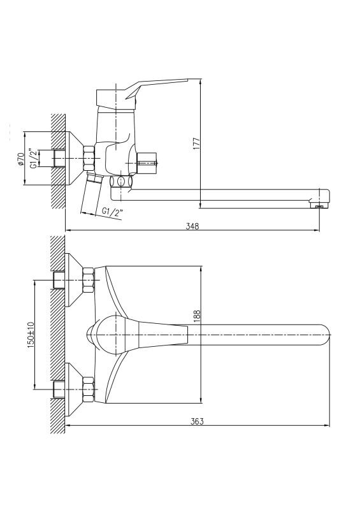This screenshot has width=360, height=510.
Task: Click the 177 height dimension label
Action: (197, 143)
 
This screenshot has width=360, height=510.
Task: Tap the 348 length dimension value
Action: (192, 226)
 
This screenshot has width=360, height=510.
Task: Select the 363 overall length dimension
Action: (197, 421)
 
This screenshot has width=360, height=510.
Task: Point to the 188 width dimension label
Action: (197, 316)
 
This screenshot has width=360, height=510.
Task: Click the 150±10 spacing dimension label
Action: (31, 335)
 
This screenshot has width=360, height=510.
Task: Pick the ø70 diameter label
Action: (20, 159)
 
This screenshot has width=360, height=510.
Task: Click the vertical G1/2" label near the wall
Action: (33, 158)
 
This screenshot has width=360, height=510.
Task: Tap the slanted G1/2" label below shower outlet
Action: (113, 212)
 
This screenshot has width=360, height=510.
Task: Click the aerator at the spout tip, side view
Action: (319, 205)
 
